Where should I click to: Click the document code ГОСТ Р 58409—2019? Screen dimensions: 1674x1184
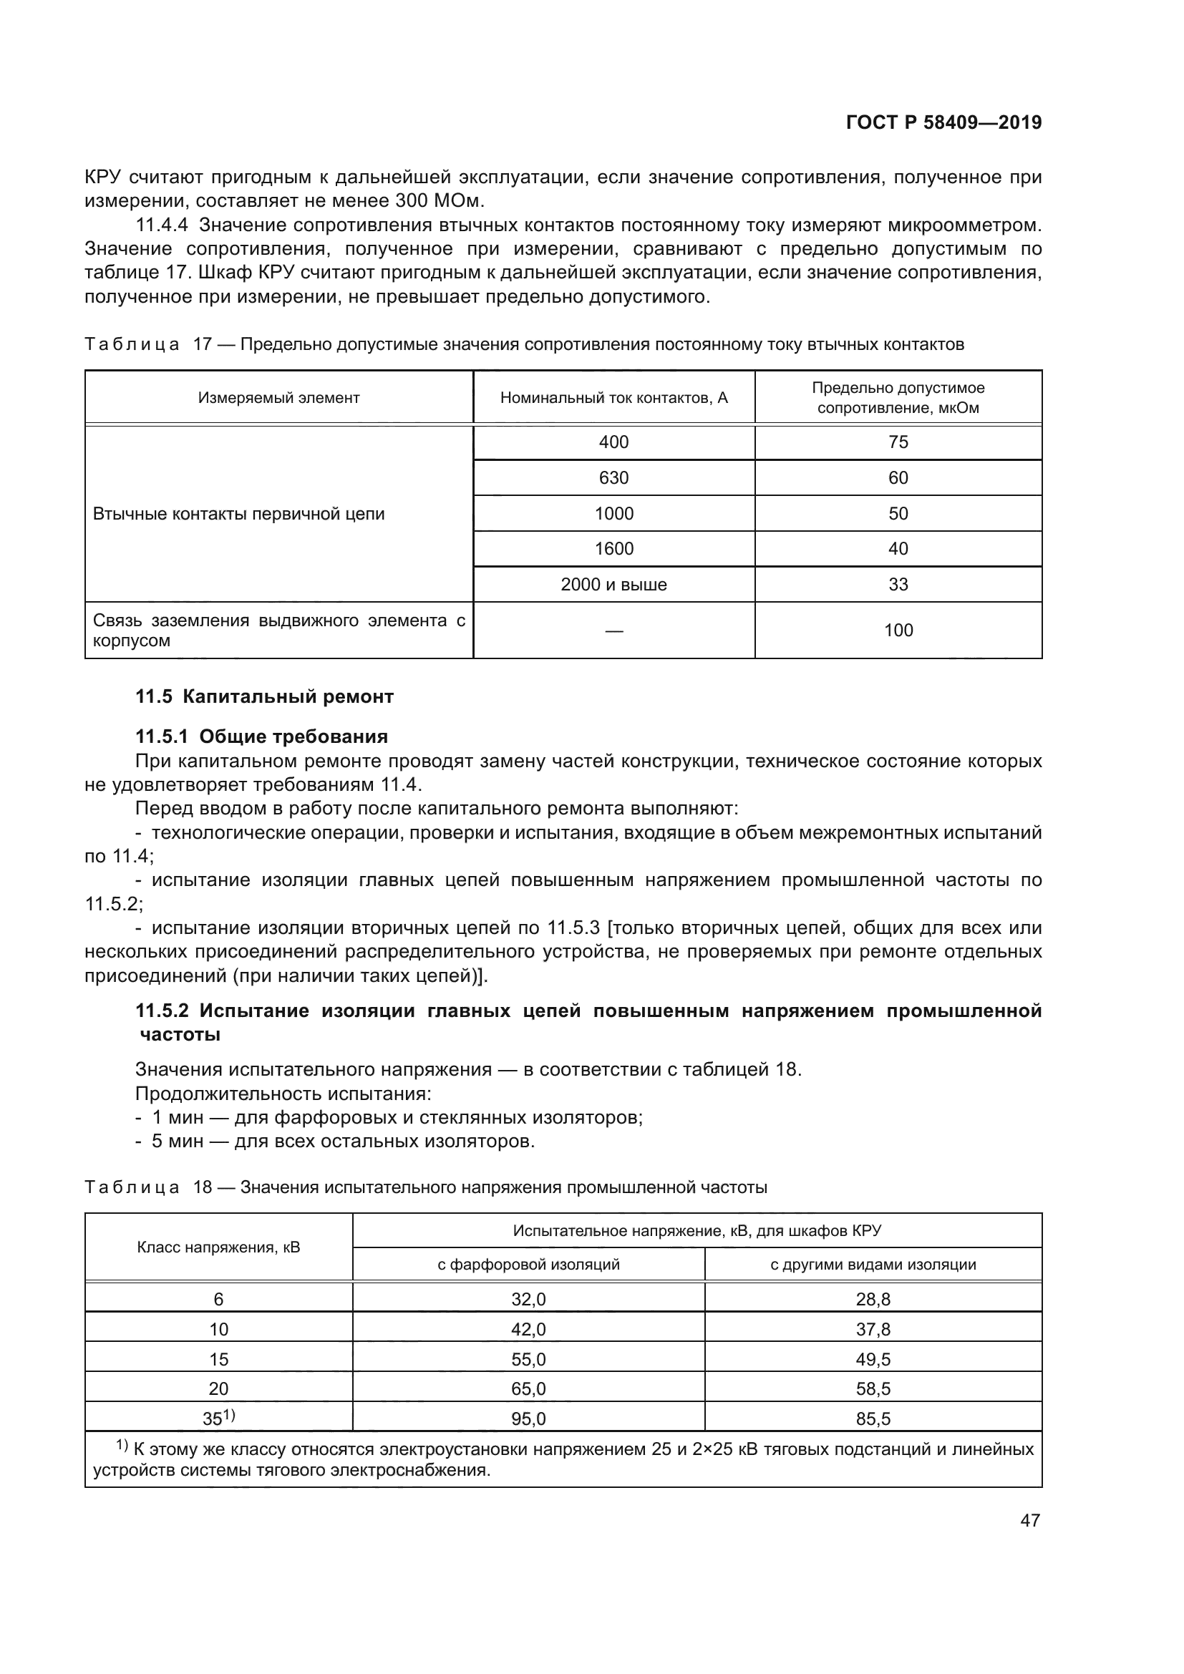943,122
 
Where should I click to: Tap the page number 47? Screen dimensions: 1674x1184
1030,1520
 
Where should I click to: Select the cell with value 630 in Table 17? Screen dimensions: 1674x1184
613,477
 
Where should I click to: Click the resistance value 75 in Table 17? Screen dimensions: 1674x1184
898,442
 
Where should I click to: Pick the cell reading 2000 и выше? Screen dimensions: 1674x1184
613,585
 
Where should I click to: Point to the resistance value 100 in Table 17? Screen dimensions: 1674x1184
898,631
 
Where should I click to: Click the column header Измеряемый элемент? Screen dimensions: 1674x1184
278,398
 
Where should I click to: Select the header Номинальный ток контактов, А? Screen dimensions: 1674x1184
613,398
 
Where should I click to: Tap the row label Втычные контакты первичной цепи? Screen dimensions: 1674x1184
238,514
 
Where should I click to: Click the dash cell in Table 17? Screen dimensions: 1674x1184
613,631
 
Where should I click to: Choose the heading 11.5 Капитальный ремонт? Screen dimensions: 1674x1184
264,696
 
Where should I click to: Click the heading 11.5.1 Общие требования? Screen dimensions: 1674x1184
261,736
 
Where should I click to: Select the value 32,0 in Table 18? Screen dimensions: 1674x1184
528,1299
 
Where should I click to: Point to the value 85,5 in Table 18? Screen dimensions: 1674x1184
873,1418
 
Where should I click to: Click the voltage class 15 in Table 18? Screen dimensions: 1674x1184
219,1359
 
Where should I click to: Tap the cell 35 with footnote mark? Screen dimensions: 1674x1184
218,1418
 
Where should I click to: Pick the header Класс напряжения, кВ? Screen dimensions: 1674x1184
219,1247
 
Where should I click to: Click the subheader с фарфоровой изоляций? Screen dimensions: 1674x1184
528,1265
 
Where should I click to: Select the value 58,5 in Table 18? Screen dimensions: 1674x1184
873,1389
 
